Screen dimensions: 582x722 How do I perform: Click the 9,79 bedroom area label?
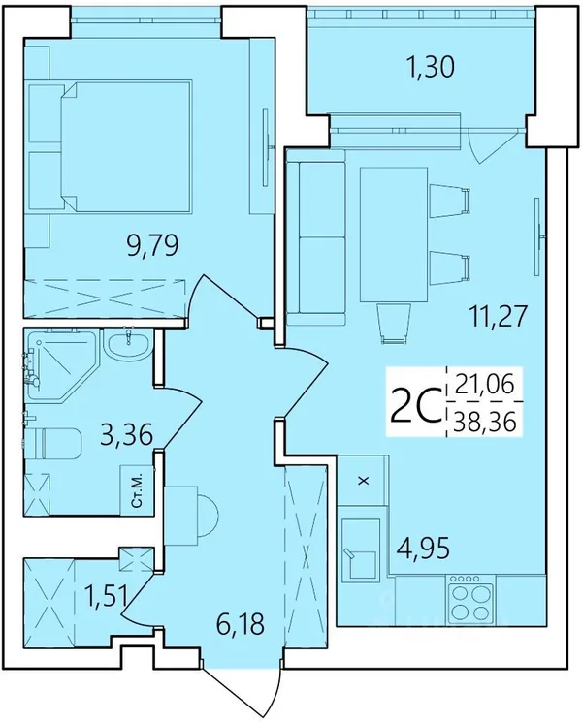[x=152, y=246]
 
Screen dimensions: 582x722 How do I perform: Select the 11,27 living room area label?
[x=497, y=316]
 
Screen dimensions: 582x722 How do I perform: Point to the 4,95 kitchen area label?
[x=423, y=547]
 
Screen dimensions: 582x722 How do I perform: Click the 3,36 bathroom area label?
[x=126, y=434]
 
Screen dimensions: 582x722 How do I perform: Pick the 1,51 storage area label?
[x=106, y=595]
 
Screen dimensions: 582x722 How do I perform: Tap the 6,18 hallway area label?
[x=241, y=623]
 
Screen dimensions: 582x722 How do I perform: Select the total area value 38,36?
[x=484, y=422]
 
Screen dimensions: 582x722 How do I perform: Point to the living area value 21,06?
[x=484, y=385]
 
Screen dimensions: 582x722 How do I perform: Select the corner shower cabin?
[x=61, y=364]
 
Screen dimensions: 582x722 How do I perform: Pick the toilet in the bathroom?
[x=52, y=443]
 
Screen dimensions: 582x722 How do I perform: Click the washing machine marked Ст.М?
[x=137, y=490]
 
